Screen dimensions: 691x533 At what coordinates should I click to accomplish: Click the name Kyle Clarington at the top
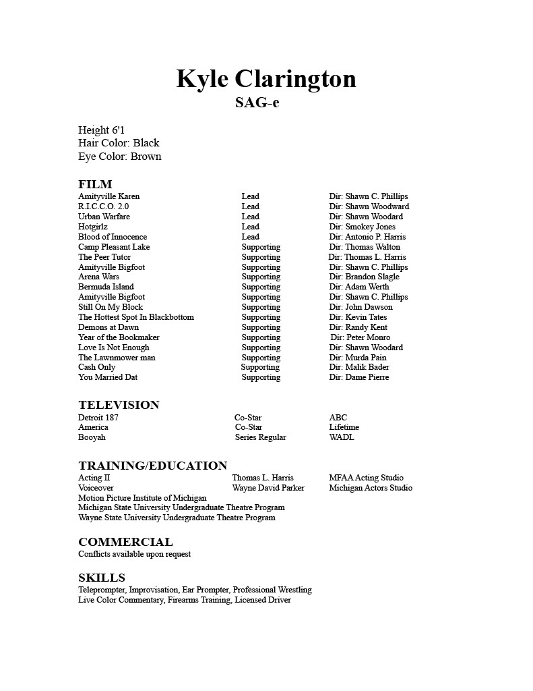click(x=266, y=79)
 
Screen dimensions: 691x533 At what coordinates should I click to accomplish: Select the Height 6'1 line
click(x=101, y=130)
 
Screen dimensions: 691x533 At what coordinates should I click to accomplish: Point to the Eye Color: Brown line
click(x=119, y=157)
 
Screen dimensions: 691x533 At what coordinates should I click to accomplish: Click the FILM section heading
click(x=95, y=184)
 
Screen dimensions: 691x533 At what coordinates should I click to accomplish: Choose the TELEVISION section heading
click(x=119, y=405)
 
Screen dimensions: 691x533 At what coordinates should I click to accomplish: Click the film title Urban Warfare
click(x=104, y=217)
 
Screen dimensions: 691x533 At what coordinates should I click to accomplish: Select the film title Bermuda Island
click(x=106, y=287)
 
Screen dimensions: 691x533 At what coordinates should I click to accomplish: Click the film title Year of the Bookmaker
click(x=119, y=337)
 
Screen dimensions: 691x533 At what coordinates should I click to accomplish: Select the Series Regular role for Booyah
click(x=260, y=437)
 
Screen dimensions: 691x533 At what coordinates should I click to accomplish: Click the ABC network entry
click(x=338, y=418)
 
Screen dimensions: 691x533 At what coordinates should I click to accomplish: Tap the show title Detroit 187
click(x=98, y=418)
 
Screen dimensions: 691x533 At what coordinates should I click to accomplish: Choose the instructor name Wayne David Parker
click(x=268, y=488)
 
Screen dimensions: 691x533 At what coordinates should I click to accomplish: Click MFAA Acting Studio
click(x=366, y=478)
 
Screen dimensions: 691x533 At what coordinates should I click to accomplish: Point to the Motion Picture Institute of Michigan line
click(x=142, y=498)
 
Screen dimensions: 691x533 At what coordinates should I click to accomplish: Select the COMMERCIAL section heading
click(x=125, y=542)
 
